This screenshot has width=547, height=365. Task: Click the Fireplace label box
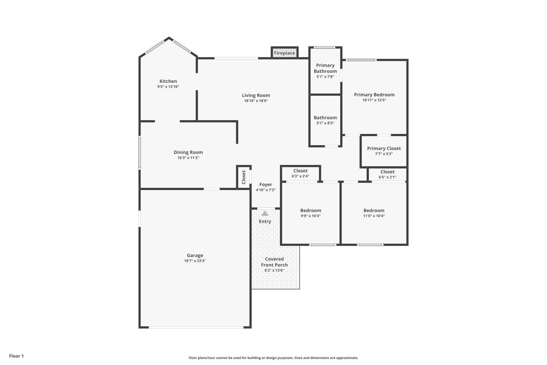click(284, 53)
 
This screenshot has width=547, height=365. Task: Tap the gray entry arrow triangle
click(265, 213)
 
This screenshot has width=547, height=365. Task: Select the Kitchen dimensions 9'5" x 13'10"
click(168, 87)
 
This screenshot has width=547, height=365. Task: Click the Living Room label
click(256, 95)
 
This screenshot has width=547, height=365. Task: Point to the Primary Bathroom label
click(325, 68)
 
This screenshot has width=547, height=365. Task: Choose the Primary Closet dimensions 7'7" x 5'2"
click(384, 154)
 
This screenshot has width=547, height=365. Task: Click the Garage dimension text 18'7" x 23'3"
click(195, 261)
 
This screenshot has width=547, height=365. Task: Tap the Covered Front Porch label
click(274, 262)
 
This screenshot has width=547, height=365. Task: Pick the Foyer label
click(265, 185)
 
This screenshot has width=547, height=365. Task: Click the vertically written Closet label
click(244, 177)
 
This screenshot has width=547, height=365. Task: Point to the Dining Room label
click(188, 152)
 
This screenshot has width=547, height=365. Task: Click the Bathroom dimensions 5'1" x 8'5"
click(325, 123)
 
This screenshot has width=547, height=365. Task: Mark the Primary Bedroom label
click(374, 95)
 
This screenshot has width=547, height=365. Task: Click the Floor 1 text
click(16, 356)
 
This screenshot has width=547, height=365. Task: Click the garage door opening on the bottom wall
click(196, 327)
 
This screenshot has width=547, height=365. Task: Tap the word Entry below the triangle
click(265, 221)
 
